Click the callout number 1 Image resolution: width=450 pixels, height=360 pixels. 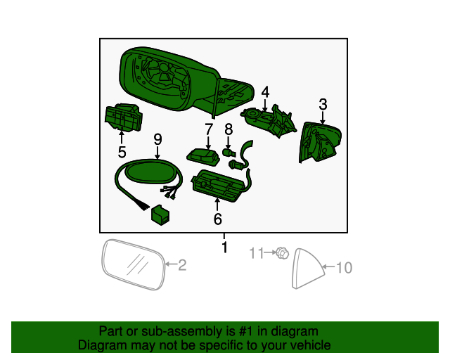pos(224,247)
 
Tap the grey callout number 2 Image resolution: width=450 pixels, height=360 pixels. pos(181,265)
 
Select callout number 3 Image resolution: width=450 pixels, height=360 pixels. pos(323,105)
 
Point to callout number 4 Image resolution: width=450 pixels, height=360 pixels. pos(265,91)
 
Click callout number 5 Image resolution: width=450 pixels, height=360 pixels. pos(122,152)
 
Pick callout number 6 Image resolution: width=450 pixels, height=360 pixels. pos(217,219)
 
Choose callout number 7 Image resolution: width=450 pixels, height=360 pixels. pos(209,129)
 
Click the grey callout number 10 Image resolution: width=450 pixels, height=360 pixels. pos(343,267)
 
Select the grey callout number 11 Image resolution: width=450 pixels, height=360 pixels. pos(258,252)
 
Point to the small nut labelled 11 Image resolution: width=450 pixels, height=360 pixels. pos(281,252)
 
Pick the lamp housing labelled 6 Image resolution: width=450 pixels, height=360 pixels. pos(220,185)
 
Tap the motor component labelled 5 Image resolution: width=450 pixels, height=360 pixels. pos(123,117)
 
